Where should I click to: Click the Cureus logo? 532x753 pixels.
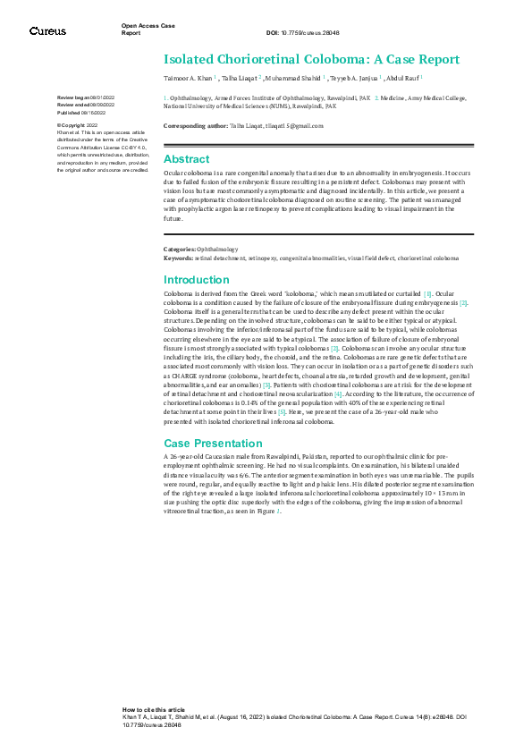click(47, 31)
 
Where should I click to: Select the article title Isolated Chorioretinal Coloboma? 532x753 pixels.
click(311, 60)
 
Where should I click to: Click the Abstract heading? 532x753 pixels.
click(187, 159)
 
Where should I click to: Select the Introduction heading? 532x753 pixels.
click(198, 280)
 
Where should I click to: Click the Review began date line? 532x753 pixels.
click(83, 97)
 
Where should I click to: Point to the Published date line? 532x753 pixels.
click(80, 114)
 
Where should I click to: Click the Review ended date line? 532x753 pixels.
click(83, 105)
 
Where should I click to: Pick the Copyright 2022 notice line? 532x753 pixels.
click(80, 125)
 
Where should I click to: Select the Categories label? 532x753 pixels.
click(180, 249)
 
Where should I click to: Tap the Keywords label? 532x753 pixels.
click(178, 258)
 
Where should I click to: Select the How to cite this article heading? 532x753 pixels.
click(154, 708)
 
